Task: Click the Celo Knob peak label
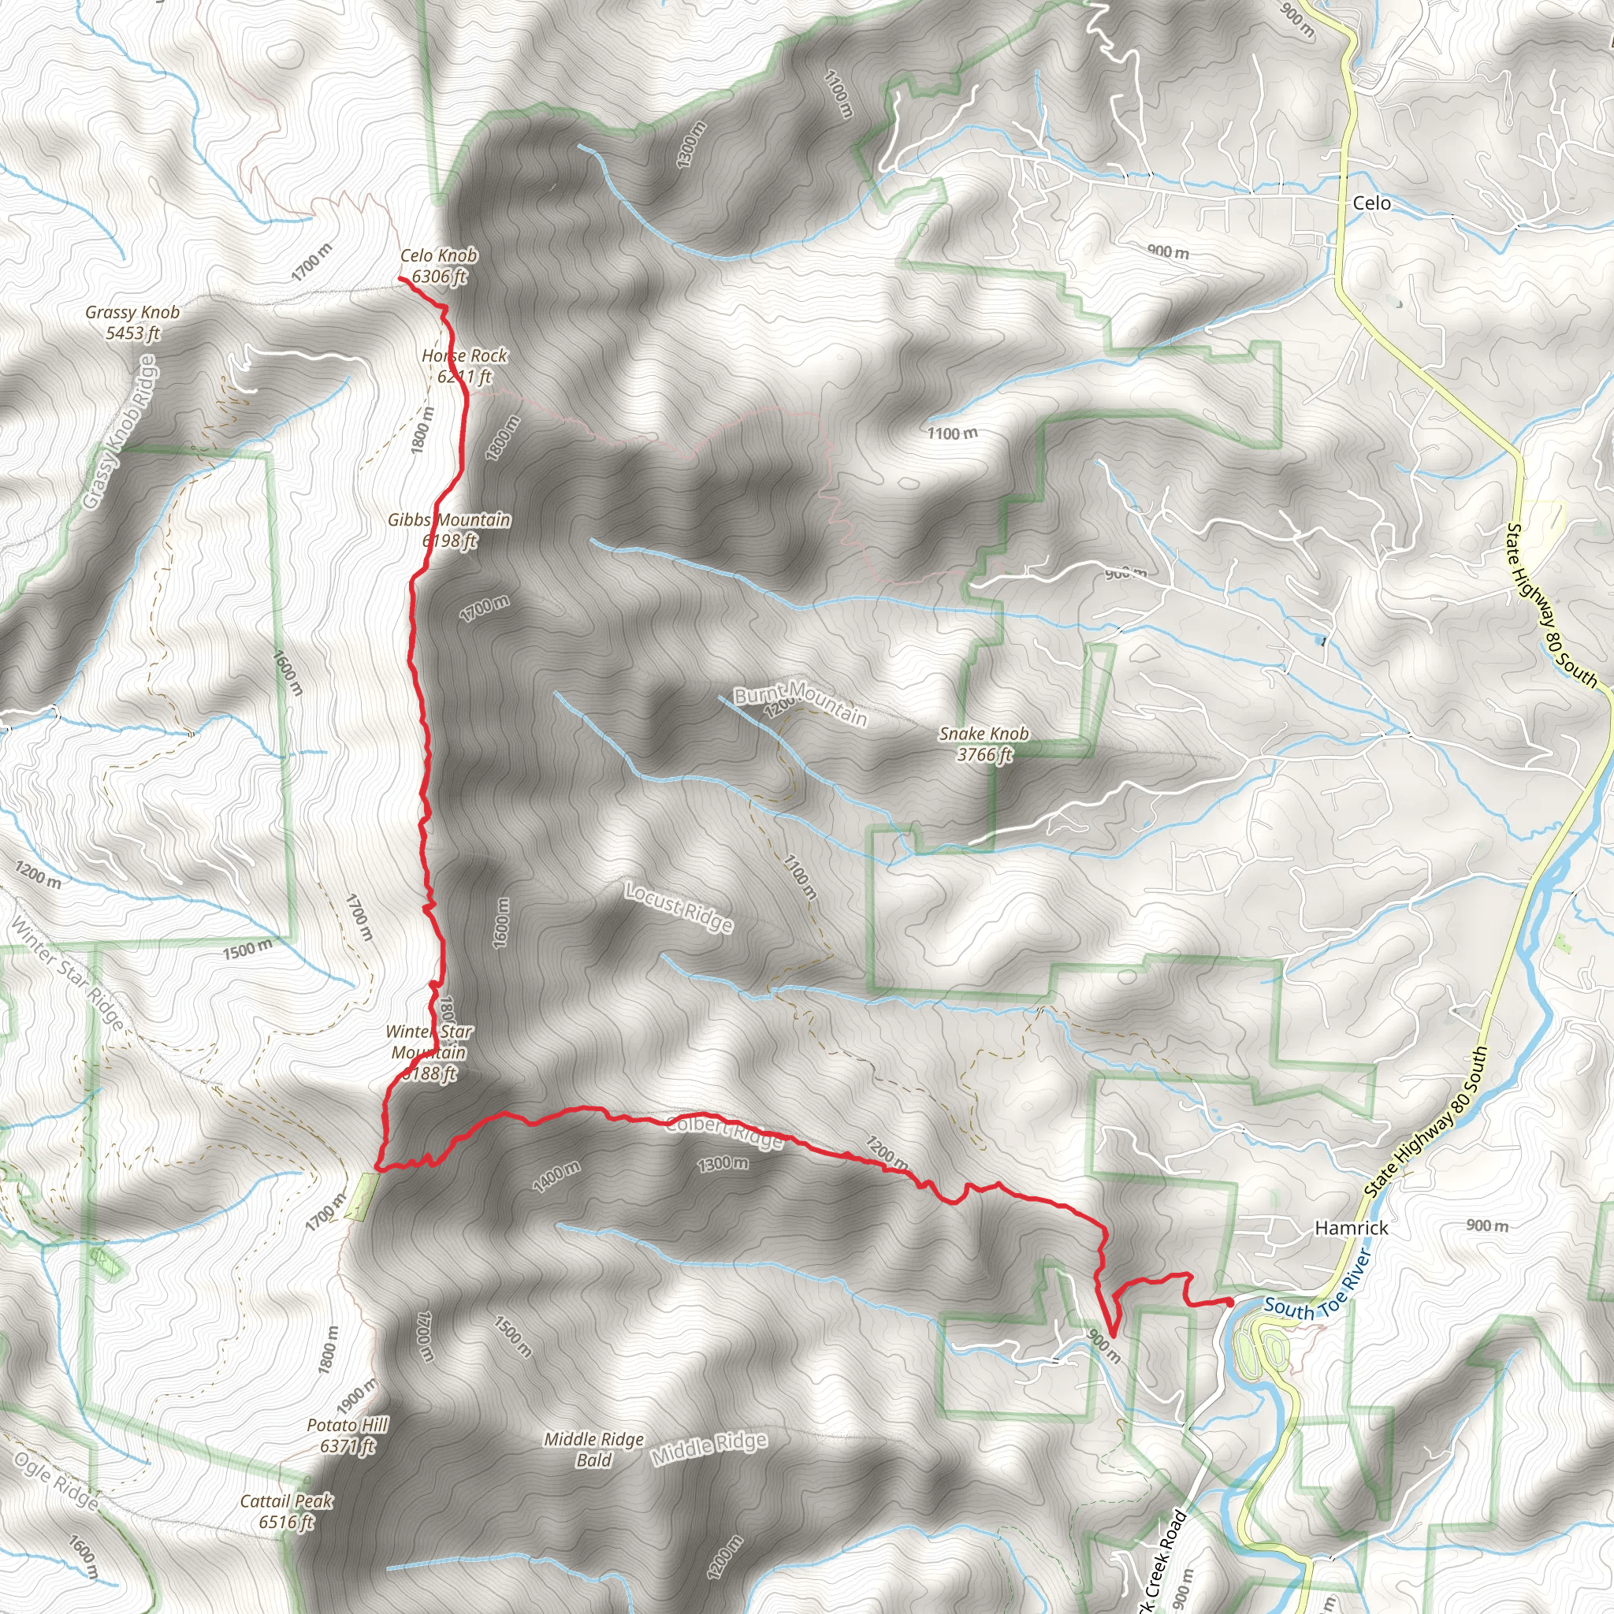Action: coord(439,266)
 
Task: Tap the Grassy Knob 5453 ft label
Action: coord(133,322)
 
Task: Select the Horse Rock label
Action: coord(464,366)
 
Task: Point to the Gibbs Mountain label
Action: coord(449,530)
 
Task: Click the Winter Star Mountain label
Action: coord(429,1053)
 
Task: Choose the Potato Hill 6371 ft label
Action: coord(348,1435)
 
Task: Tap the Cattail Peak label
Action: coord(287,1512)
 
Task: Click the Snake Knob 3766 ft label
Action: coord(984,743)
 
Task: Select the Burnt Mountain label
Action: coord(801,705)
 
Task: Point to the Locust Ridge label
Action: coord(679,907)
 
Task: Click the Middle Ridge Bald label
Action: coord(594,1449)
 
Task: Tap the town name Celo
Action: coord(1372,203)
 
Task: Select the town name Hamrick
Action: coord(1352,1228)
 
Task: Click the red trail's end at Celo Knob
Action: coord(402,279)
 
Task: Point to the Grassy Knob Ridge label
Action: coord(120,433)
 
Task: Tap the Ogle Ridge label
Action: coord(56,1480)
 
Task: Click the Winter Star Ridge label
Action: coord(67,973)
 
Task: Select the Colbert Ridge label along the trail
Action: coord(724,1131)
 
